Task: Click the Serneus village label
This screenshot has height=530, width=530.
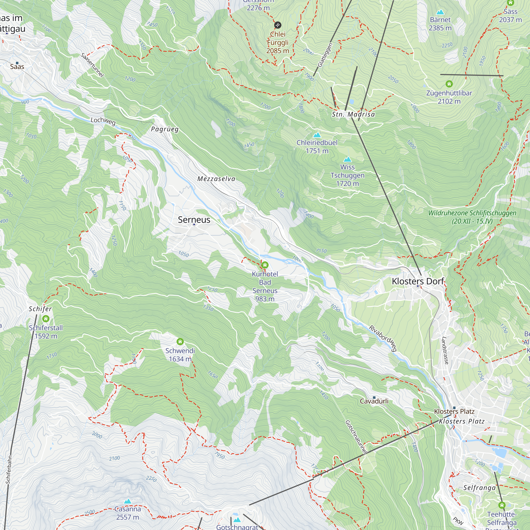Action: (x=194, y=220)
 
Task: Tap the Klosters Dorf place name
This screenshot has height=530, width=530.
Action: (x=418, y=281)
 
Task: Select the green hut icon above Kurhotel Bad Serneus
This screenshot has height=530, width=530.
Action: (x=265, y=265)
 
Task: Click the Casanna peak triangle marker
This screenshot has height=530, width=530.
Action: (x=127, y=501)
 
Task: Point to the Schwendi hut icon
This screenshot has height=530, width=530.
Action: (x=180, y=342)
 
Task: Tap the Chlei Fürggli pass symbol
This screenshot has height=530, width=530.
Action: (x=278, y=25)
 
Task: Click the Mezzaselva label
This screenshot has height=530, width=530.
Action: (x=216, y=179)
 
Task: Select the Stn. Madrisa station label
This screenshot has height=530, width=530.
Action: (x=353, y=114)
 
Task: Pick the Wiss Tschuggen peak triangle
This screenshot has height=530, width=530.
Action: (x=348, y=159)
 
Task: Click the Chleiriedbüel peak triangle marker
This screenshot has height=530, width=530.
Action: (x=317, y=135)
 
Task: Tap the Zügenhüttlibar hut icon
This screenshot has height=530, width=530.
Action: (x=449, y=84)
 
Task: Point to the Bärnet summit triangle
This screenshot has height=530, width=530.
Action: (x=440, y=12)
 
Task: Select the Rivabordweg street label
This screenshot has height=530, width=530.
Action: (x=383, y=338)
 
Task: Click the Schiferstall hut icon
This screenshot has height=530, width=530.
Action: (x=46, y=319)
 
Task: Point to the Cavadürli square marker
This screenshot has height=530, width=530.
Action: (x=374, y=397)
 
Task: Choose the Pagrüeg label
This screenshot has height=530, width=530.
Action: (x=165, y=129)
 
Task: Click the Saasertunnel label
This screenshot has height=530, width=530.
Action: (x=92, y=65)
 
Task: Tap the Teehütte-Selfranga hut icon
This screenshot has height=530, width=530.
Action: (x=502, y=505)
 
